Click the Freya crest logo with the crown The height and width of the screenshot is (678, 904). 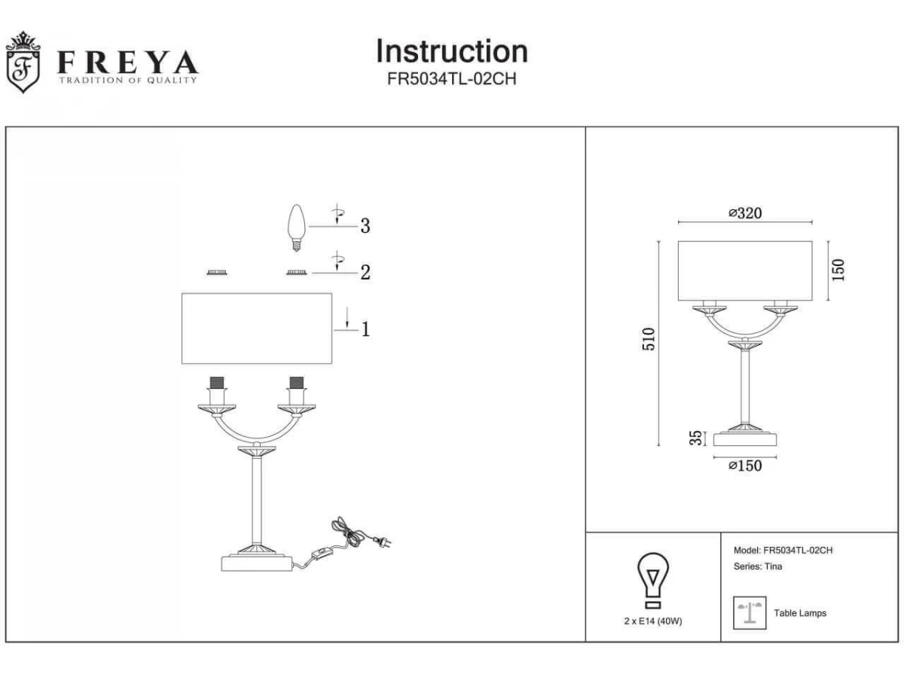[x=23, y=63]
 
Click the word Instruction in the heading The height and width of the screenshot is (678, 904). [x=452, y=51]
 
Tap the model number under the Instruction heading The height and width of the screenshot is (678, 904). [x=452, y=78]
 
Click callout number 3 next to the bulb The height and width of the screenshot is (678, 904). [x=365, y=226]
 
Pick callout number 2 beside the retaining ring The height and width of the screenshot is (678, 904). [x=365, y=272]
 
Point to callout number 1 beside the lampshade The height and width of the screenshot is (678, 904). [x=365, y=329]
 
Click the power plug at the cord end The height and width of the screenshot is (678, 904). [x=382, y=542]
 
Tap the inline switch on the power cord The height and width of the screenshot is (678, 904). [x=320, y=556]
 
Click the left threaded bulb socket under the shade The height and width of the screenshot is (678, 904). [x=217, y=383]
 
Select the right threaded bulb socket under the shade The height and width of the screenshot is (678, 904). [x=297, y=383]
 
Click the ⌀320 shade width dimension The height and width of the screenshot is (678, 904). [x=745, y=213]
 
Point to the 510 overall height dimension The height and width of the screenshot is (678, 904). [x=649, y=339]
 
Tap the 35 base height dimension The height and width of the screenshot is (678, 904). [x=695, y=438]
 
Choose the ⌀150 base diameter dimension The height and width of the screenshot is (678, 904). [x=745, y=466]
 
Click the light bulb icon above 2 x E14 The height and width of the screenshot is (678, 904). [x=653, y=580]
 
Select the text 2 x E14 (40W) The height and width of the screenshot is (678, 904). [x=653, y=621]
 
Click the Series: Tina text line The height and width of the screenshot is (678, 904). [x=758, y=567]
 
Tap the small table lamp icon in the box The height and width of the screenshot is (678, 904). [x=750, y=613]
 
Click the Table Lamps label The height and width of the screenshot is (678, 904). [x=800, y=613]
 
